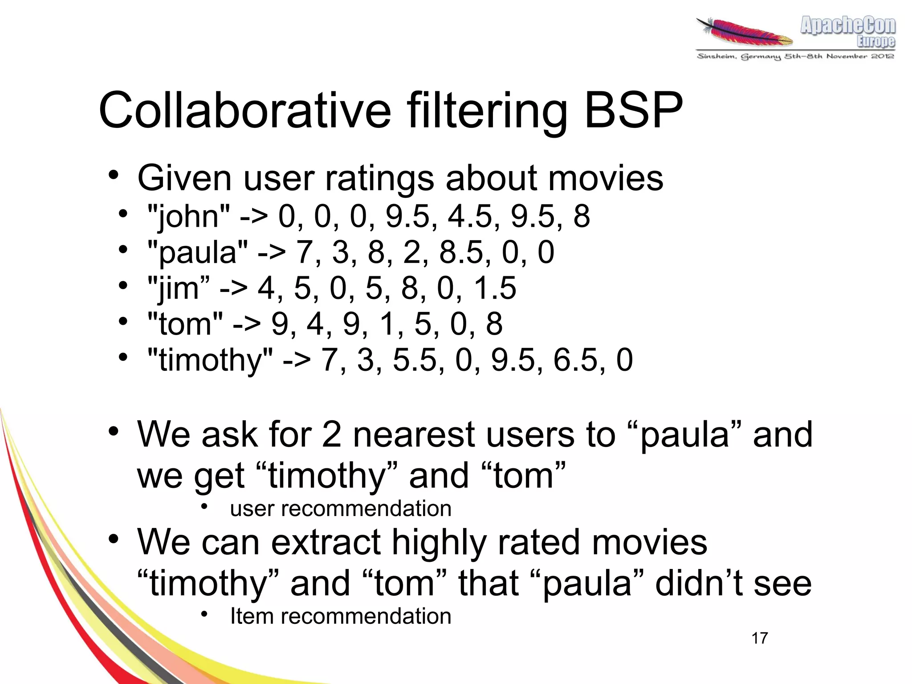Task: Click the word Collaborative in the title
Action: pyautogui.click(x=244, y=111)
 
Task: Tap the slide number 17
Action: pyautogui.click(x=760, y=638)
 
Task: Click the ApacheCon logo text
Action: pyautogui.click(x=847, y=26)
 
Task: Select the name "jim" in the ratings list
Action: pyautogui.click(x=178, y=289)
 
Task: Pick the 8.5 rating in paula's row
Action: pyautogui.click(x=463, y=253)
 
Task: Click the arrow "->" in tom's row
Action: pyautogui.click(x=246, y=324)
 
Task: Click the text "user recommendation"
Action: pyautogui.click(x=341, y=509)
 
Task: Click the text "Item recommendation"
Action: pyautogui.click(x=341, y=616)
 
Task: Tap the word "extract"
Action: pyautogui.click(x=326, y=543)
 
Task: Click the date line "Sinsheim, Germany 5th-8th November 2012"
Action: pyautogui.click(x=795, y=57)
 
